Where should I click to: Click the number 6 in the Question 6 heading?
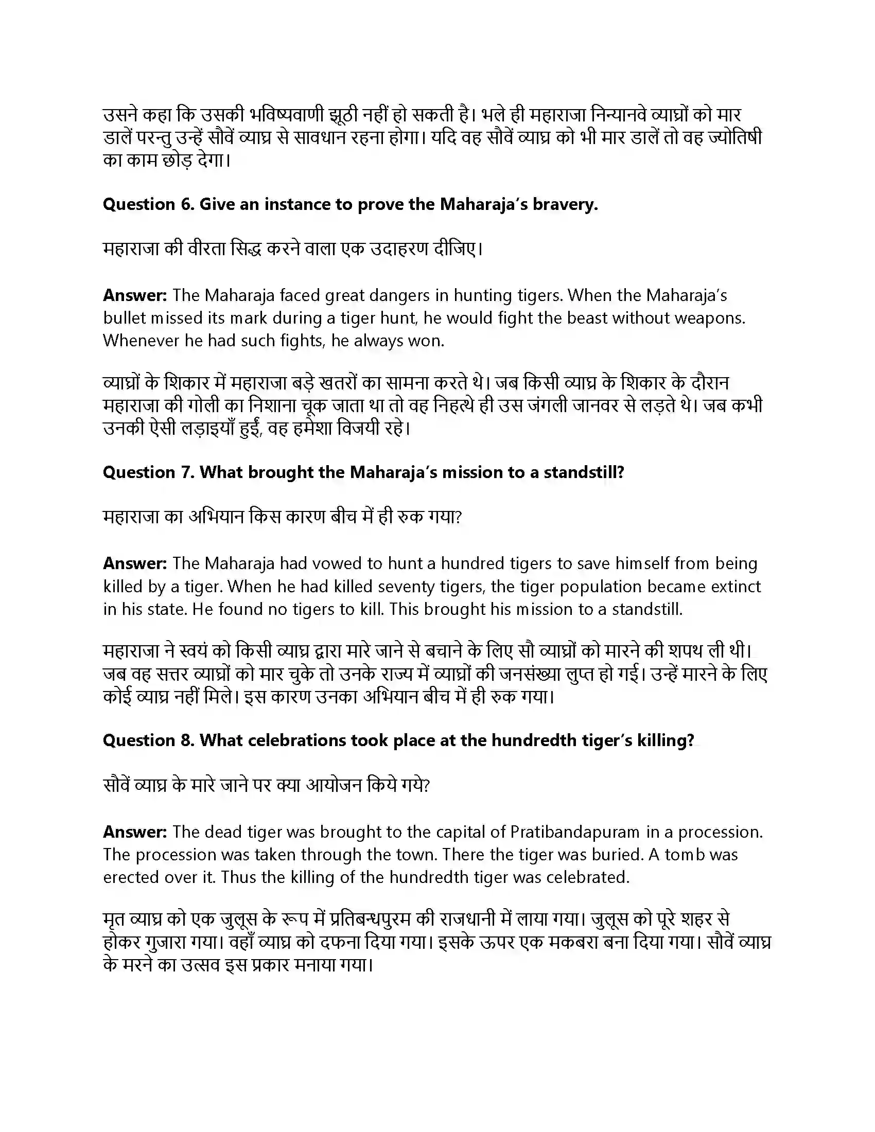(x=186, y=205)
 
